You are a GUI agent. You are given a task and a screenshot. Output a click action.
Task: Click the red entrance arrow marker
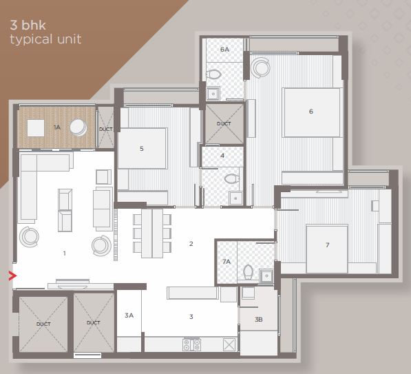(x=12, y=276)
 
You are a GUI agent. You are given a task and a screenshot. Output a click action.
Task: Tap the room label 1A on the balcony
(x=57, y=127)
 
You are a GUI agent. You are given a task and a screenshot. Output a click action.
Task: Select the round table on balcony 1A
(x=78, y=127)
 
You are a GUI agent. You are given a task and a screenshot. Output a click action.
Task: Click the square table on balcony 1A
(x=36, y=128)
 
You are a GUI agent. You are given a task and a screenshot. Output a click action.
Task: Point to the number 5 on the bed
(x=142, y=149)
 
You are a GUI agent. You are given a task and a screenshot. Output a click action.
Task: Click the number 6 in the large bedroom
(x=311, y=112)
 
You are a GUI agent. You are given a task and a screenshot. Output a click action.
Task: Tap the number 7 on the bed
(x=328, y=245)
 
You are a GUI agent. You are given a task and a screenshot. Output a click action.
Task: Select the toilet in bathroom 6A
(x=213, y=75)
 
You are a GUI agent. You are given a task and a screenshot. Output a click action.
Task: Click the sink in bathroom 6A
(x=213, y=94)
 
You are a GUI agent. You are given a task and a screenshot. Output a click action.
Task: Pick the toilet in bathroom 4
(x=232, y=179)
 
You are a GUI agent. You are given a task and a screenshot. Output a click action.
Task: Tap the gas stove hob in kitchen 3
(x=191, y=345)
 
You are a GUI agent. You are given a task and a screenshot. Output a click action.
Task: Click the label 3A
(x=129, y=315)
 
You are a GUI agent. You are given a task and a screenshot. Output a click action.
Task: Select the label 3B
(x=259, y=320)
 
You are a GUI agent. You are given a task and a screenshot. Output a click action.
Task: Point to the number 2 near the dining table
(x=191, y=244)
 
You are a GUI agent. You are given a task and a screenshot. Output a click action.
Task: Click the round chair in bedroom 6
(x=260, y=67)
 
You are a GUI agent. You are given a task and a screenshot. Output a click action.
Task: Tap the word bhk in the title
(x=33, y=25)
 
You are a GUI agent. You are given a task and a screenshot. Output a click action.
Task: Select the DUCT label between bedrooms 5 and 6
(x=224, y=123)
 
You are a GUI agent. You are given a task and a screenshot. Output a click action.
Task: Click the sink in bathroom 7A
(x=266, y=276)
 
